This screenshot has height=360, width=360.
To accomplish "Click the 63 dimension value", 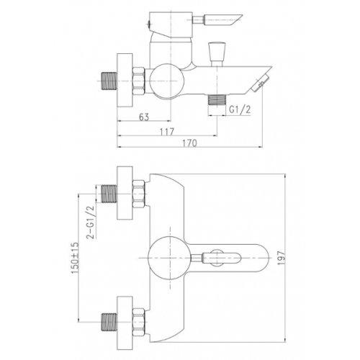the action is point(144,117).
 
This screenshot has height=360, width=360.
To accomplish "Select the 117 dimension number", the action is point(167,132).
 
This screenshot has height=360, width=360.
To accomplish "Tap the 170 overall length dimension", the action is point(189,143).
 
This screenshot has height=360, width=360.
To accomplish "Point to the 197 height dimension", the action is point(282,258).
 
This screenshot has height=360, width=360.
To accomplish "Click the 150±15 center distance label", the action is point(75,258).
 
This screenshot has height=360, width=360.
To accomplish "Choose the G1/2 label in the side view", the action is point(240,109).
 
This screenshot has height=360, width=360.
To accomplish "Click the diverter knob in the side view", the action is point(217,54).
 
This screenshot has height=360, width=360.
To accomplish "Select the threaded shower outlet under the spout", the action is point(217,99).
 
